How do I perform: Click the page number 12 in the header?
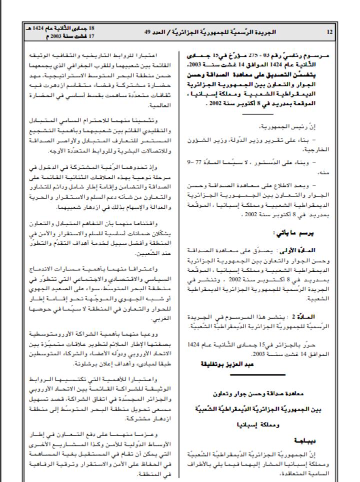click(x=329, y=32)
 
